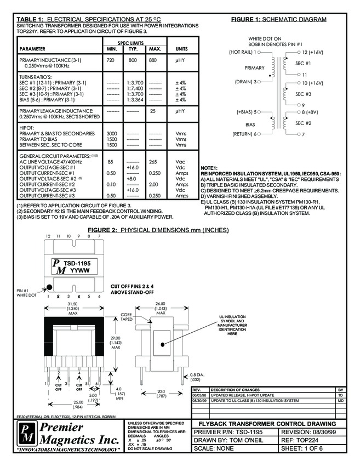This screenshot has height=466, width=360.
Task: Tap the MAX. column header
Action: click(x=155, y=49)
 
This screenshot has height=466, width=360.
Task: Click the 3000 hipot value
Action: click(x=112, y=133)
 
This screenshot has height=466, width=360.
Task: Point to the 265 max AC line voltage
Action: click(x=153, y=162)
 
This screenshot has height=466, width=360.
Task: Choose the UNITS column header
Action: click(x=181, y=49)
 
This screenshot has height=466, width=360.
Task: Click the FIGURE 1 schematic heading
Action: click(x=278, y=20)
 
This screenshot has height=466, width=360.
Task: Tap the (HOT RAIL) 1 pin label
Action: click(x=242, y=52)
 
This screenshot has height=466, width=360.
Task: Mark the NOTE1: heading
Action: click(x=210, y=167)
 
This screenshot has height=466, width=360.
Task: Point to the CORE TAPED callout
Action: click(x=127, y=317)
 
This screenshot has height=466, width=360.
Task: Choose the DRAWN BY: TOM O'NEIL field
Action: click(x=225, y=440)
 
